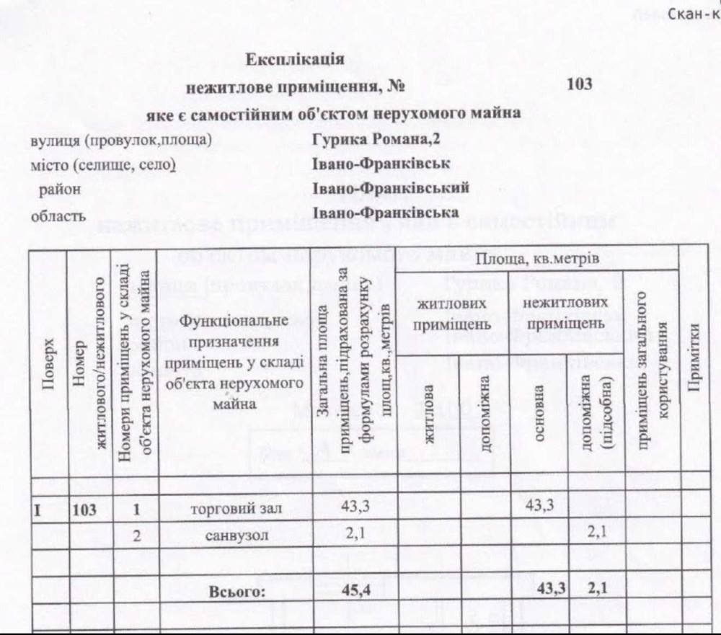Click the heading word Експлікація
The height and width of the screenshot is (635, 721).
point(295,58)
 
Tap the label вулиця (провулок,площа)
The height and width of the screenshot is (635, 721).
point(121,139)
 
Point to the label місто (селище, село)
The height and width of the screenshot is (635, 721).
point(103,164)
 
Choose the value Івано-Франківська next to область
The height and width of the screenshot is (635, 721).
point(386,213)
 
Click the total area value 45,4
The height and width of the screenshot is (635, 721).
point(355,592)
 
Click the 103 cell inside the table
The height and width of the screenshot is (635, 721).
point(85,511)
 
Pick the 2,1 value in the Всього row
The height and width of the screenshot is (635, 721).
point(597,590)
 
